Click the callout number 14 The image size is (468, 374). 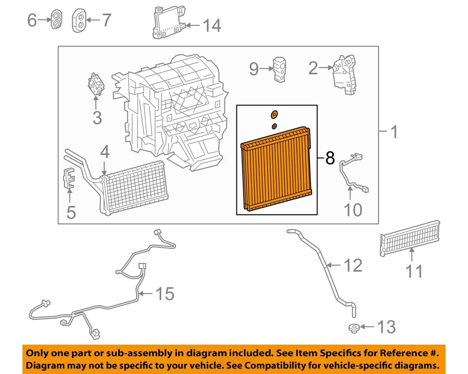(212, 25)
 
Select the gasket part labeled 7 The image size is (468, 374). (79, 20)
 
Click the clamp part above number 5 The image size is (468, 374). (69, 178)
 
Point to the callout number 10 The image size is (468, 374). (353, 210)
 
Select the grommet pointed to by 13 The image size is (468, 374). (353, 328)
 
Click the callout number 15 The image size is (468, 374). (164, 294)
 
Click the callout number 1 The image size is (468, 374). (393, 132)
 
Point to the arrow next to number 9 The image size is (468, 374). (268, 69)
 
